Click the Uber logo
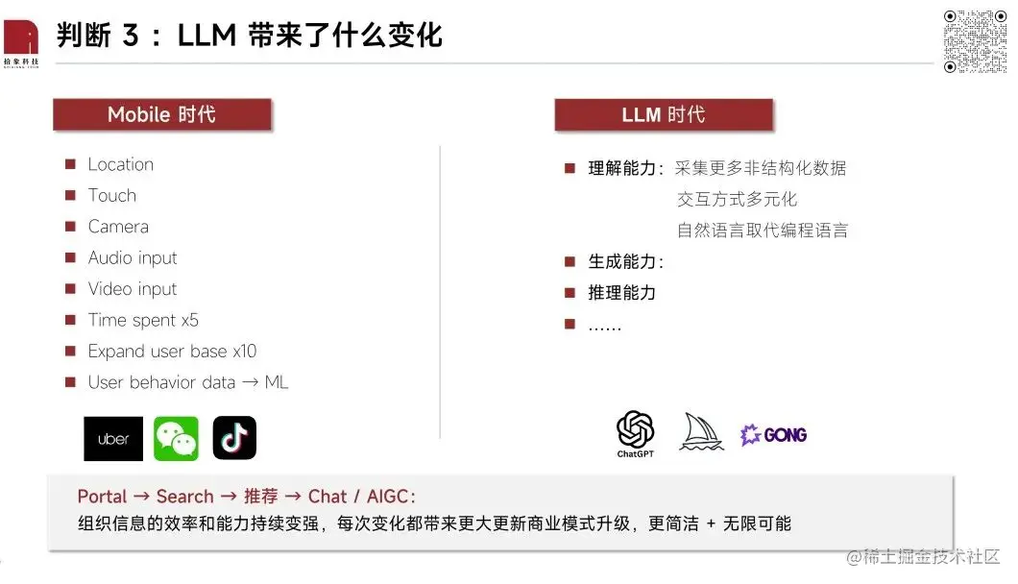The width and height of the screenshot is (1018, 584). (x=113, y=439)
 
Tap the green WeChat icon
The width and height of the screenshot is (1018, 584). (x=176, y=439)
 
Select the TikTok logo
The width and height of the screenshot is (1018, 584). (x=234, y=439)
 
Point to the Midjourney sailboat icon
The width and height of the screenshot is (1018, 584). (x=701, y=431)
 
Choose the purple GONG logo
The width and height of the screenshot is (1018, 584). (x=774, y=435)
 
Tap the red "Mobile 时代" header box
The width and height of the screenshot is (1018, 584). (x=161, y=115)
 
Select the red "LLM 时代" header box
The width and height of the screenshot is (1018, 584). (x=663, y=115)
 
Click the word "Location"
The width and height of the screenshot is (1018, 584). (x=120, y=164)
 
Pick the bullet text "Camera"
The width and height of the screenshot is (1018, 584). (x=118, y=227)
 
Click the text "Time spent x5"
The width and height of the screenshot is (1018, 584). (x=143, y=320)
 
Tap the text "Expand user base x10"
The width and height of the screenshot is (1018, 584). (x=172, y=352)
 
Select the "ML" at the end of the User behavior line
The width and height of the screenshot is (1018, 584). (x=277, y=382)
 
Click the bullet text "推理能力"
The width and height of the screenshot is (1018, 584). (x=621, y=293)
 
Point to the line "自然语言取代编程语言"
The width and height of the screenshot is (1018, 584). (x=763, y=231)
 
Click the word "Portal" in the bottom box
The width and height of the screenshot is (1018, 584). (x=102, y=497)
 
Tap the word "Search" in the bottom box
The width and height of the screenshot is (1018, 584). (x=184, y=497)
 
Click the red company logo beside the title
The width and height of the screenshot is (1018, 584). (x=20, y=38)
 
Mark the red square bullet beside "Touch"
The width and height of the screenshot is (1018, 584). (x=70, y=196)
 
